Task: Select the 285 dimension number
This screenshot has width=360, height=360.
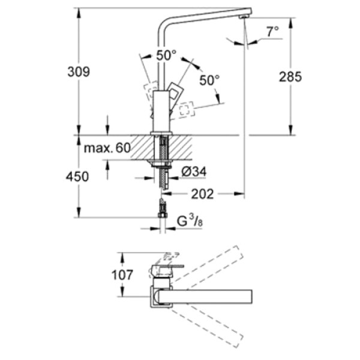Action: pos(290,76)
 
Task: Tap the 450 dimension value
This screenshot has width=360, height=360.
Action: pos(78,176)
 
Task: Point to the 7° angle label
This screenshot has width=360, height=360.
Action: pos(274,32)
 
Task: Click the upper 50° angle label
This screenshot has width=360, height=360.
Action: pos(166,55)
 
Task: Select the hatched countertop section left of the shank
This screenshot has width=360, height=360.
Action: pos(139,149)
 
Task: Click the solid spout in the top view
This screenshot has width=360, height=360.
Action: pos(216,296)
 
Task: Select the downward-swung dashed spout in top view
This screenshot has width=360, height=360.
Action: pos(210,324)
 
